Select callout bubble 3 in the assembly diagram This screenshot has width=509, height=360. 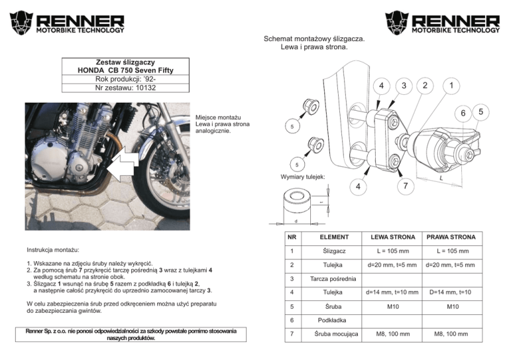point(402,86)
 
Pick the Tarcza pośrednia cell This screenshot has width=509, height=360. point(335,278)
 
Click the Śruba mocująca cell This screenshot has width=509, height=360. point(335,334)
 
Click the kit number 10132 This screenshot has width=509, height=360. point(126,88)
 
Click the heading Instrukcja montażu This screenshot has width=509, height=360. point(54,251)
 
